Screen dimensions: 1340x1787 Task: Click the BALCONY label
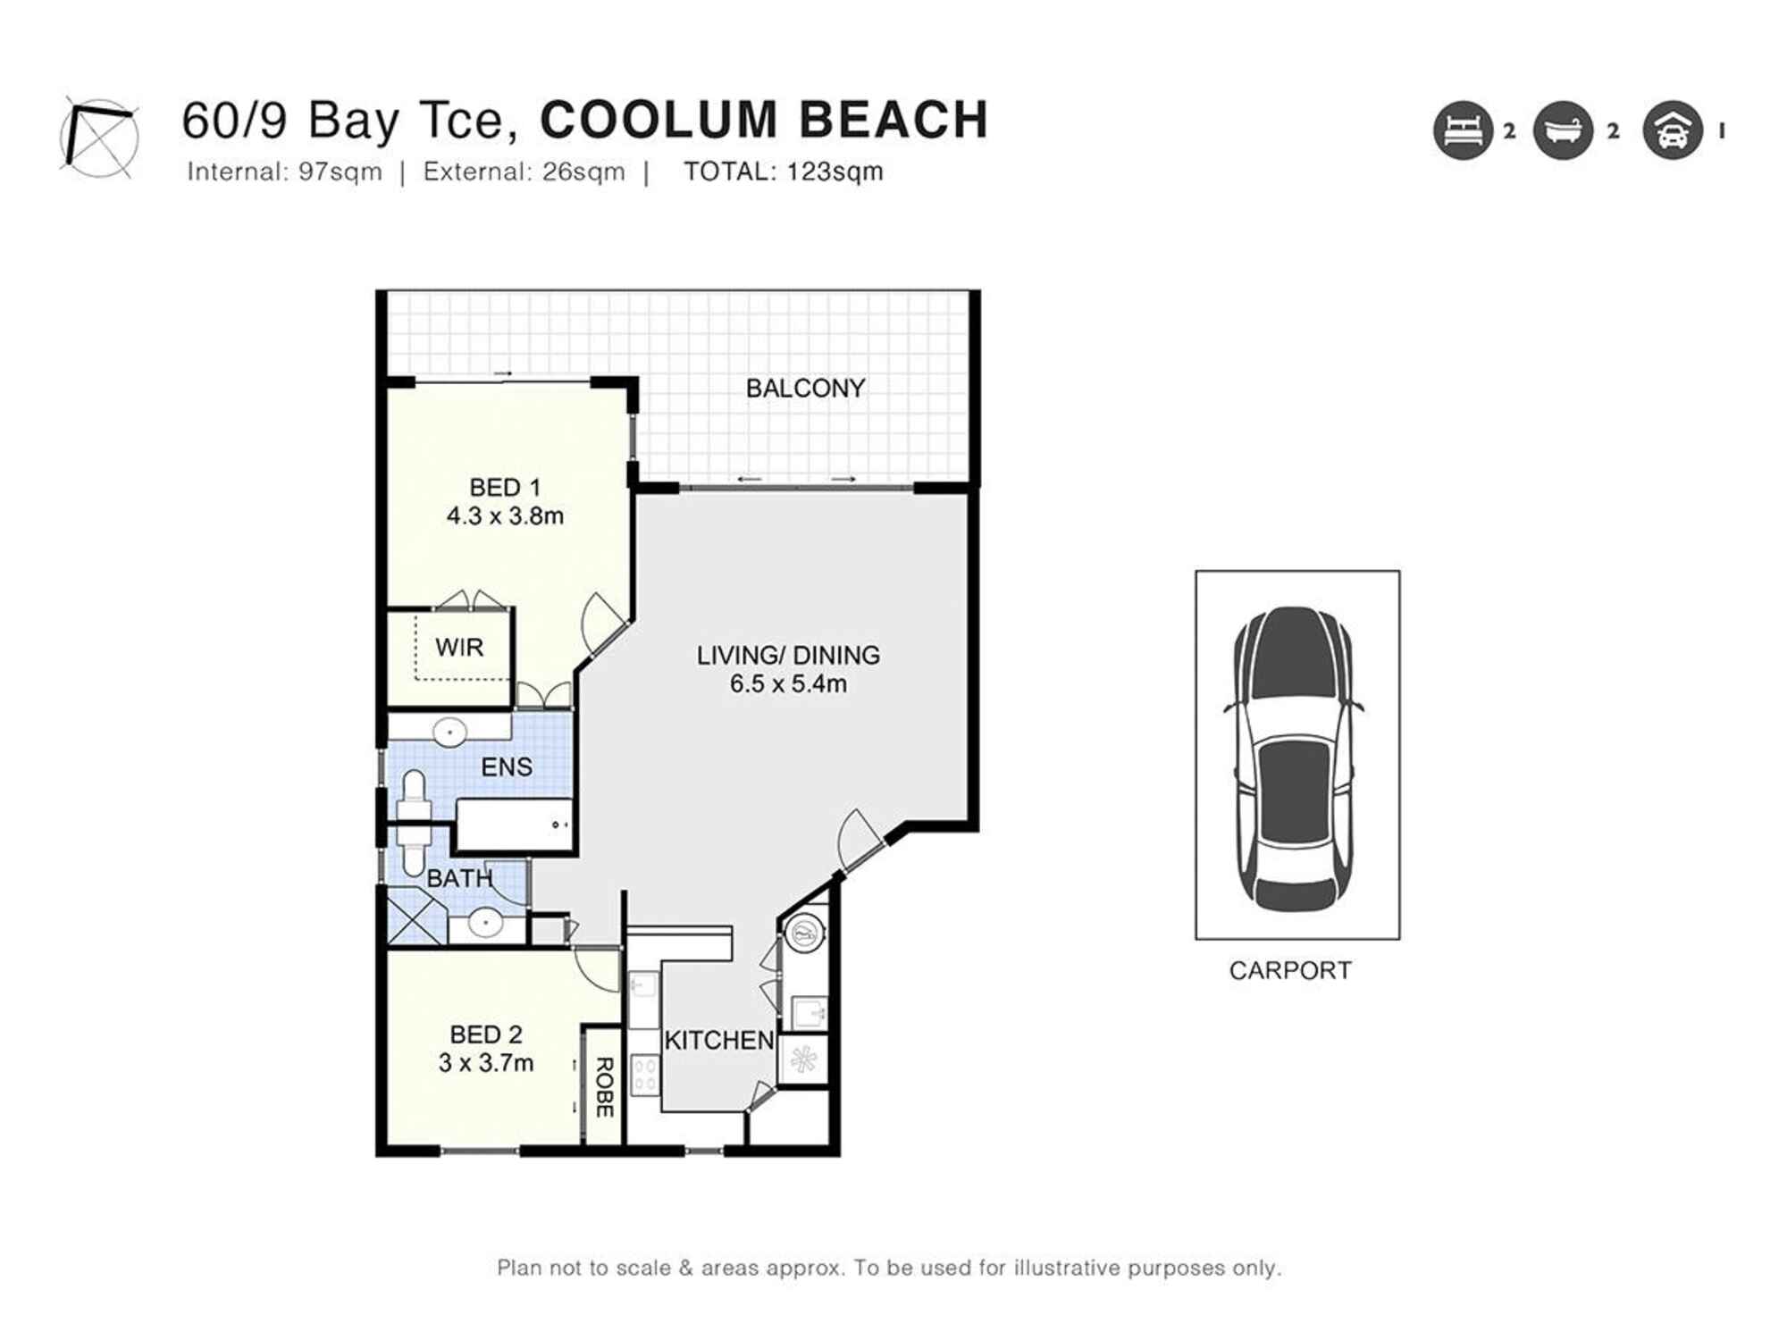(805, 389)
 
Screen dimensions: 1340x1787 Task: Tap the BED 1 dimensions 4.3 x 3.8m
(505, 516)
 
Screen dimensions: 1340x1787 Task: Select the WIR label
(459, 647)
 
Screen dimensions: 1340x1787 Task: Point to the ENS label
(507, 766)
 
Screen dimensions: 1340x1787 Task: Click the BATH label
(459, 878)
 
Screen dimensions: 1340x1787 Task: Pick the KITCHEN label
(719, 1040)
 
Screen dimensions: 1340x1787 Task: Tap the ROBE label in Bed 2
(604, 1086)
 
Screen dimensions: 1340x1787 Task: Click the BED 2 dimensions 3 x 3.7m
(486, 1063)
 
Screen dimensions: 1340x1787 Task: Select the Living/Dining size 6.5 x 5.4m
(788, 684)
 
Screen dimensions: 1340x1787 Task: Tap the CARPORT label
(1289, 970)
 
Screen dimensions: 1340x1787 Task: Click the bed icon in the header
(1463, 130)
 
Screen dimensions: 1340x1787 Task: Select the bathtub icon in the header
(1563, 130)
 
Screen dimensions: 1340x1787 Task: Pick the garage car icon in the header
(1672, 130)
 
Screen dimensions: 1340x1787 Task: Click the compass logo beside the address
(99, 137)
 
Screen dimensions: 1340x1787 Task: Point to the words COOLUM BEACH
(764, 120)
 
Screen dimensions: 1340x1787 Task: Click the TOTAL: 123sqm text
(783, 172)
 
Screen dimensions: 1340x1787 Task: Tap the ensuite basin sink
(449, 733)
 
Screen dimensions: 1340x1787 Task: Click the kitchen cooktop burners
(644, 1075)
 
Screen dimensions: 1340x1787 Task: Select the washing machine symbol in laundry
(803, 934)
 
